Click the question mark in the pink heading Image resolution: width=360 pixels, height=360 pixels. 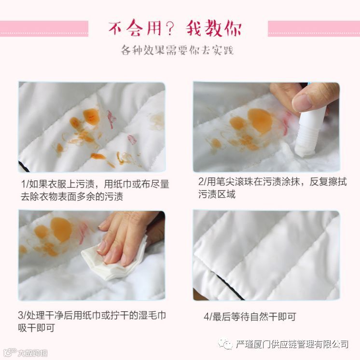(x=170, y=28)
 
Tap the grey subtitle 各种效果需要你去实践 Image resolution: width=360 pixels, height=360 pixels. (x=177, y=50)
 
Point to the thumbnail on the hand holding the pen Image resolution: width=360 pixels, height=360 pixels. (x=303, y=101)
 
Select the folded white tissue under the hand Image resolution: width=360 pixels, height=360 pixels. (x=114, y=262)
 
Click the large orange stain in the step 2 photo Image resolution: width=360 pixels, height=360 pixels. (x=261, y=121)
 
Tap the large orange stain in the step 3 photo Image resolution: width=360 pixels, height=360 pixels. (x=61, y=230)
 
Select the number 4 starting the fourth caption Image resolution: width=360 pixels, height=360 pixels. (x=207, y=317)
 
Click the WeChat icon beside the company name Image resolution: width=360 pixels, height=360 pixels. (x=225, y=344)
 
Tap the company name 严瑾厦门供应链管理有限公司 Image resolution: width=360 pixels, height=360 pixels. (x=292, y=344)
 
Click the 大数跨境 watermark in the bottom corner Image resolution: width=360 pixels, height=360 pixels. (x=26, y=352)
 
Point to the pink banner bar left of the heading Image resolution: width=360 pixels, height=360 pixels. (x=44, y=28)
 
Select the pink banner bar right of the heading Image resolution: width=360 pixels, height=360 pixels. (x=314, y=28)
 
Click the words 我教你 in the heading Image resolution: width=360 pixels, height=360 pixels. (x=213, y=28)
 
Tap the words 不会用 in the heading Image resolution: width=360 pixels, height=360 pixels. (x=136, y=28)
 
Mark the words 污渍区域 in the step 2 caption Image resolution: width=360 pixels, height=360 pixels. (x=217, y=194)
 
